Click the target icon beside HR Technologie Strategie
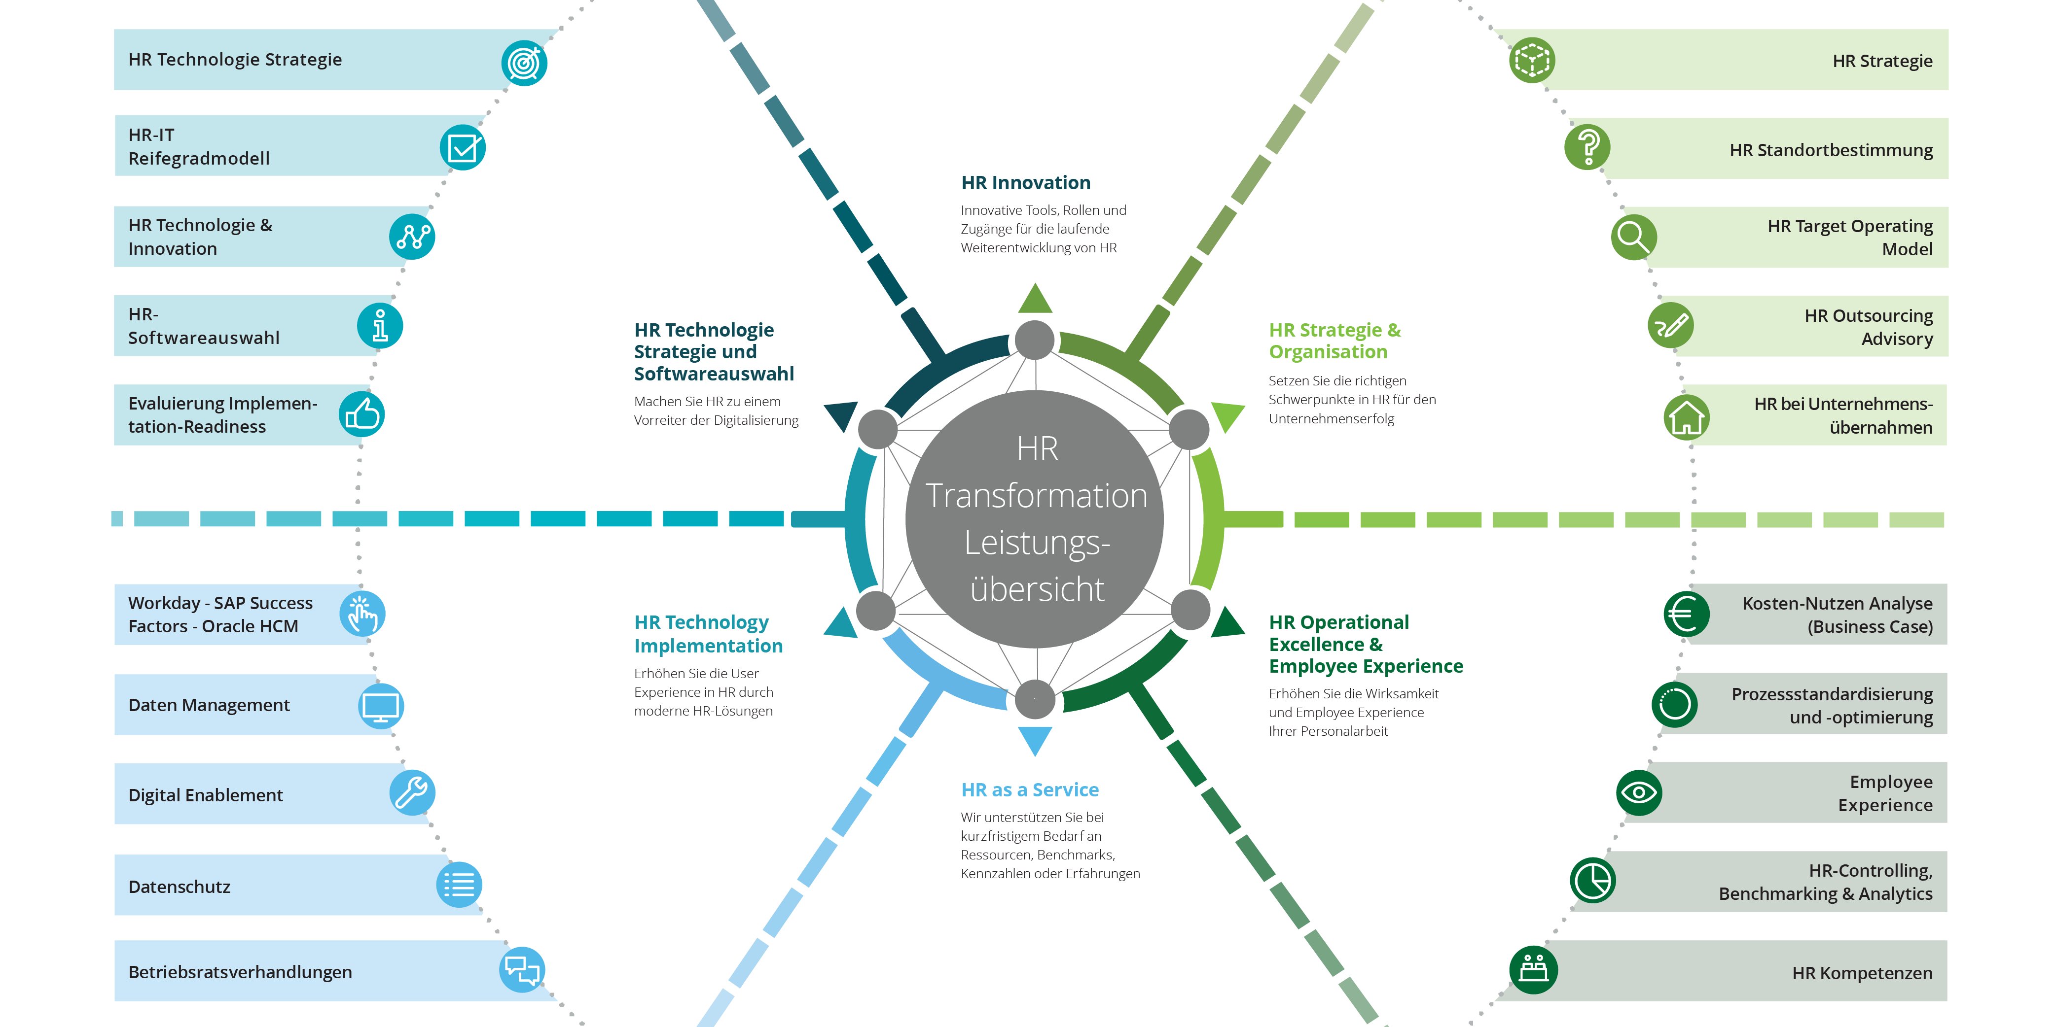click(524, 63)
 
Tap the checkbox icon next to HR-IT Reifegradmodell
click(463, 147)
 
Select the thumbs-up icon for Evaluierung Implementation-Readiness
click(362, 414)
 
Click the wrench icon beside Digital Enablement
click(412, 793)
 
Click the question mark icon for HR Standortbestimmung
click(1587, 147)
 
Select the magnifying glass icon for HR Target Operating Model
click(1633, 237)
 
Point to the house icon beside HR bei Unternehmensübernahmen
click(1687, 417)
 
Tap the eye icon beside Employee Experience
click(1639, 792)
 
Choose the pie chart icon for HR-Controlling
click(1592, 881)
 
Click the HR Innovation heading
click(1025, 183)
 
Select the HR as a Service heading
click(1030, 789)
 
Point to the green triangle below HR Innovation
click(1035, 300)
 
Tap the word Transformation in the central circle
click(1036, 496)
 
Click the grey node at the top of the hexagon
click(1035, 341)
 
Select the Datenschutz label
click(180, 887)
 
